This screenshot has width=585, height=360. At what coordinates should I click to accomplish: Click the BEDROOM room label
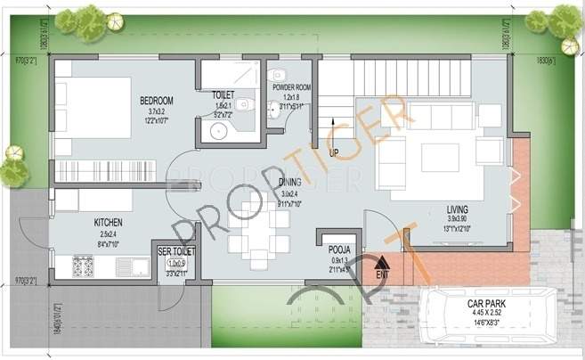point(156,100)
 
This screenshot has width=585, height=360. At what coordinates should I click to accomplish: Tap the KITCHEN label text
point(108,222)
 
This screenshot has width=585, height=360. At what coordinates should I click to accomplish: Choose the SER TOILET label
point(176,252)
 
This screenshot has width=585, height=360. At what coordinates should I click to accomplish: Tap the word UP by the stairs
point(334,152)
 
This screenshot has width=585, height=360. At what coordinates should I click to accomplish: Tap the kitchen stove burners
point(83,265)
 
